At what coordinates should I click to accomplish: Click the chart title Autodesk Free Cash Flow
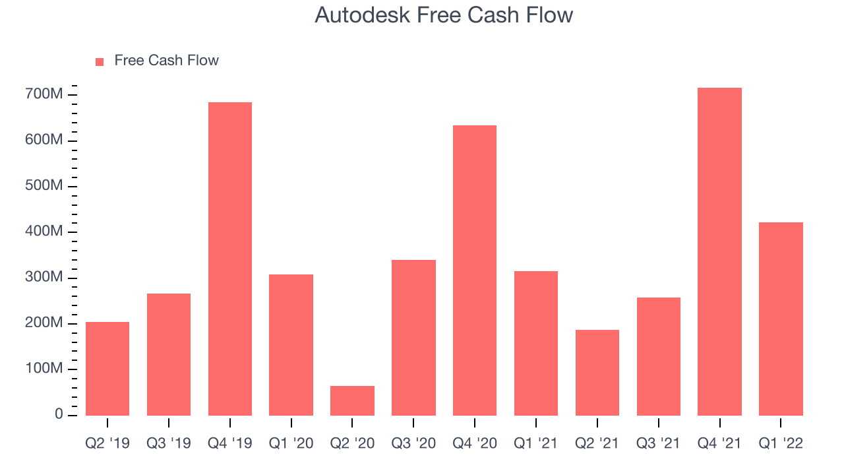pos(444,15)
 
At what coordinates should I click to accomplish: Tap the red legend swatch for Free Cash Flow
pos(100,62)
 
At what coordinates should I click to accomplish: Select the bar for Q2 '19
pos(107,369)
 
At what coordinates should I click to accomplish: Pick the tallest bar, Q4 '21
pos(719,251)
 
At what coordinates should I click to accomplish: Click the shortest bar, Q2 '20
pos(352,400)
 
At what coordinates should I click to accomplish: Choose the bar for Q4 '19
pos(230,259)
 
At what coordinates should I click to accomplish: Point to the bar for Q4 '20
pos(475,270)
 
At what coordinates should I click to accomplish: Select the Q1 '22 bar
pos(781,319)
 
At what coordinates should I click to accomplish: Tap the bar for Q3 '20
pos(413,338)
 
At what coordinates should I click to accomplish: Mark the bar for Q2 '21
pos(597,373)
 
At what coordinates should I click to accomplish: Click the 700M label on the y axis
pos(44,94)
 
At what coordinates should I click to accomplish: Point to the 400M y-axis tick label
pos(44,231)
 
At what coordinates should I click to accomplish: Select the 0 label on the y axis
pos(59,414)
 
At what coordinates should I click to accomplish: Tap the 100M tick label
pos(44,368)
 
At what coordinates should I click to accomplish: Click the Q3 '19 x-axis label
pos(168,443)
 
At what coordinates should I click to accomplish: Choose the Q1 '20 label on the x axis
pos(291,443)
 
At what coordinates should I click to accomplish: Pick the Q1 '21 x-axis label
pos(536,443)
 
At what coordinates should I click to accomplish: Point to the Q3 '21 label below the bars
pos(658,443)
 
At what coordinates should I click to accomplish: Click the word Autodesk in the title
pos(363,15)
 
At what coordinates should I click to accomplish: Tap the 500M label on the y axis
pos(44,185)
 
